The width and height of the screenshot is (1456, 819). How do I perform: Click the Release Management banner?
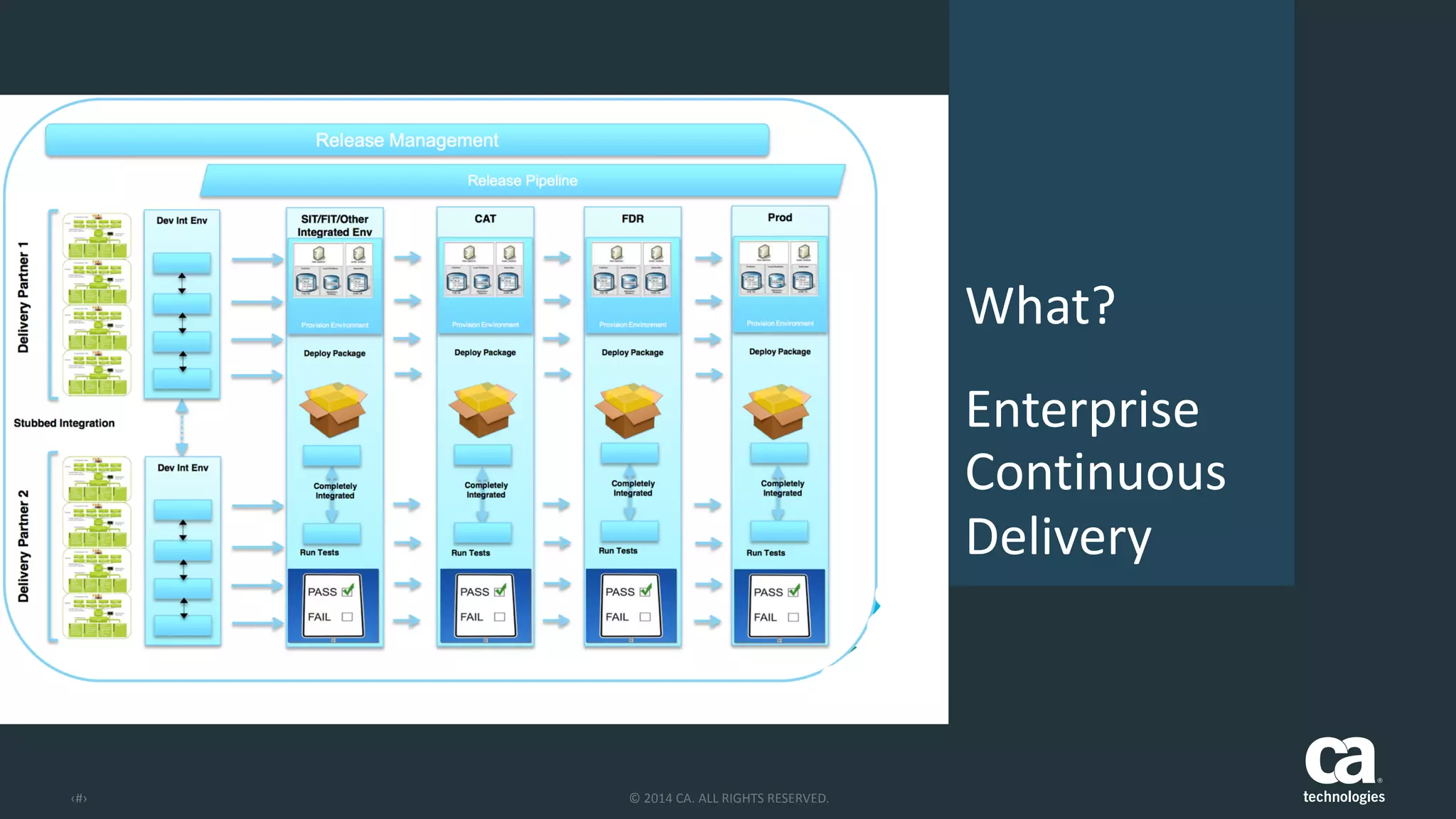tap(407, 140)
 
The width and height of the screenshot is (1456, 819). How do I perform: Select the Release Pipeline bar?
tap(523, 181)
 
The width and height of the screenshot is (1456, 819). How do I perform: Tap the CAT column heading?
tap(486, 219)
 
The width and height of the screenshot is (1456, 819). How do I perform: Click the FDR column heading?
tap(633, 219)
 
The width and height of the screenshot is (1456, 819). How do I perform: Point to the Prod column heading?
tap(780, 218)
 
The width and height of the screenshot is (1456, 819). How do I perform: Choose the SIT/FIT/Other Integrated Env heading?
tap(335, 225)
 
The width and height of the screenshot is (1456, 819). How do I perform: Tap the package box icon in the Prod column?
tap(777, 410)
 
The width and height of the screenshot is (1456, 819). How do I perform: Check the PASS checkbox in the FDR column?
tap(646, 591)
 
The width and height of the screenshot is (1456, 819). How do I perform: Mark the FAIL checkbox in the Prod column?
tap(793, 617)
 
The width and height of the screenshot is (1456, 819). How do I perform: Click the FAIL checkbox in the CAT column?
tap(500, 617)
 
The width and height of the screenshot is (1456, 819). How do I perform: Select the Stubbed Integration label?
tap(64, 423)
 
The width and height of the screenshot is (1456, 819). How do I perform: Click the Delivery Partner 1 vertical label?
tap(23, 297)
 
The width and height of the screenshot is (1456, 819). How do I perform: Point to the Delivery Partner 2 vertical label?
tap(23, 546)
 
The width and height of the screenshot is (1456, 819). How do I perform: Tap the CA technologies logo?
tap(1343, 770)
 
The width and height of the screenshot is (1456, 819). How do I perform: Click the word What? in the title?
tap(1040, 306)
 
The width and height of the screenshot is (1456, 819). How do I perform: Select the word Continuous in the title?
tap(1096, 473)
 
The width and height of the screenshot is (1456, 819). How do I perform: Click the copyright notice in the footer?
tap(729, 798)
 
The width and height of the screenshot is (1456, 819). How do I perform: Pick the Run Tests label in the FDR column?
tap(618, 551)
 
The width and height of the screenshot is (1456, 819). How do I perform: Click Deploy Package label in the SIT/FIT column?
tap(335, 353)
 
